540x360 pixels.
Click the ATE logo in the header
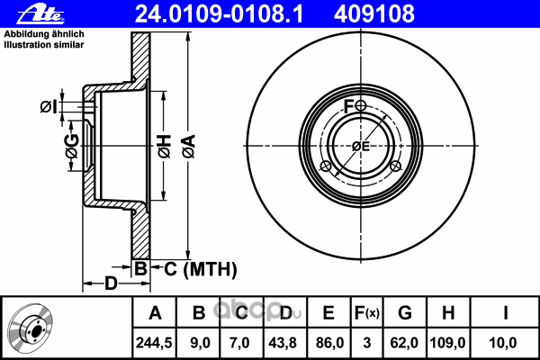point(40,14)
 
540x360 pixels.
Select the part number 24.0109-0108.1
point(219,14)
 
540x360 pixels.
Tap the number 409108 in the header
point(374,14)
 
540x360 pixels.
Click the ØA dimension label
point(189,146)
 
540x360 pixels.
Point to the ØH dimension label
point(165,146)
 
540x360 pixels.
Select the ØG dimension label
point(72,146)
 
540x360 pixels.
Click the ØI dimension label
point(49,107)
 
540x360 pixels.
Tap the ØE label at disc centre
point(361,147)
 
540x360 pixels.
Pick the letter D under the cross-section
point(111,283)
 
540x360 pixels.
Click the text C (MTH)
point(201,269)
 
